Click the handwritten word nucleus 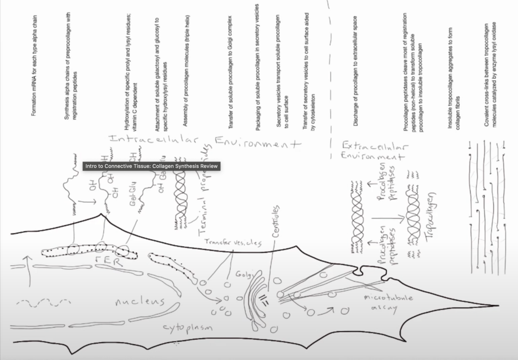coord(140,301)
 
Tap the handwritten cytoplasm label coord(188,328)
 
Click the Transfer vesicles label coord(233,242)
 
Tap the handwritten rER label coord(110,261)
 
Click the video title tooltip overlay coord(151,166)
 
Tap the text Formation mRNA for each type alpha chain coord(34,66)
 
